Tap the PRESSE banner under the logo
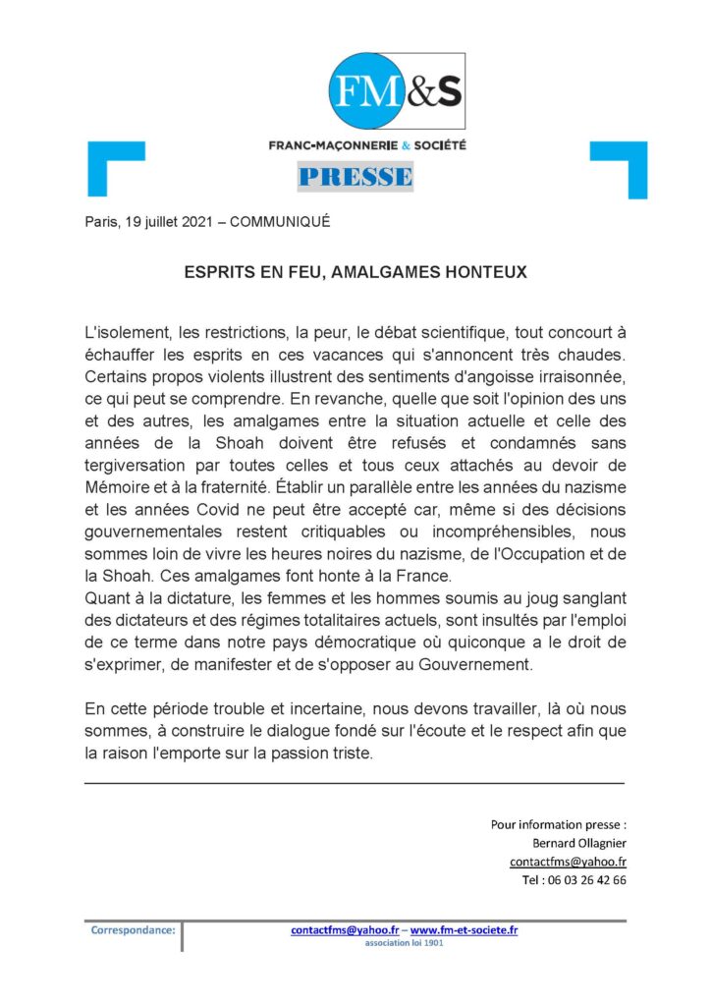point(355,177)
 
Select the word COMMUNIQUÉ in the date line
point(280,222)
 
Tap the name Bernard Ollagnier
point(576,843)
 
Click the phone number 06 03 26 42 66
point(587,880)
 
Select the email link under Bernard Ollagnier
point(568,862)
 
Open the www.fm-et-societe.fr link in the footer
point(464,929)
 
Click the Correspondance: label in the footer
point(133,929)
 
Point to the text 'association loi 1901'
point(404,942)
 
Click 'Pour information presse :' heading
point(558,824)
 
